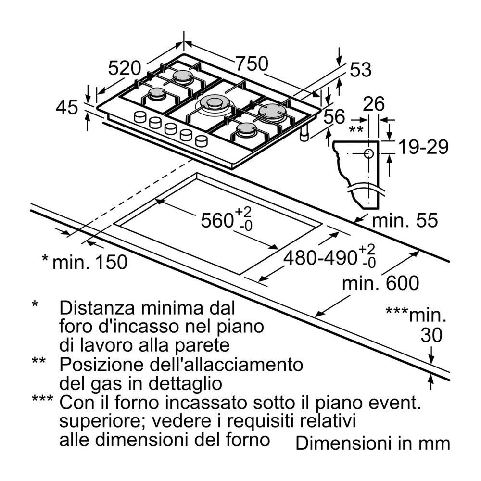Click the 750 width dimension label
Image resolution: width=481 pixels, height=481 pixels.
pos(251,63)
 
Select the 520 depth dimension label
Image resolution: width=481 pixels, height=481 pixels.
pos(124,68)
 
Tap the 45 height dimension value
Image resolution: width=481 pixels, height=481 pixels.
pos(66,108)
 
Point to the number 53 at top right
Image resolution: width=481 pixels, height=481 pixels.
pos(361,70)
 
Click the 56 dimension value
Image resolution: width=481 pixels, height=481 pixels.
pos(334,116)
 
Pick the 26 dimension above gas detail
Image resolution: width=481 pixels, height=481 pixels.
pos(374,104)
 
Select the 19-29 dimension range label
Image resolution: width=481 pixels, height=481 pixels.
pos(424,147)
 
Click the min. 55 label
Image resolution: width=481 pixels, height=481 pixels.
pos(405,220)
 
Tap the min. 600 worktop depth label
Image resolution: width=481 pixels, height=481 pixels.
pos(380,283)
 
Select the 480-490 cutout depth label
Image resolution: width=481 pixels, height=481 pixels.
pos(320,258)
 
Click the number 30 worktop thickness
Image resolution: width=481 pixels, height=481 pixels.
pos(431,335)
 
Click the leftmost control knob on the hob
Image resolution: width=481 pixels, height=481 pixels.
pos(140,116)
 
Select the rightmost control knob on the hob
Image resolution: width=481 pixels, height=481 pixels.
pos(202,141)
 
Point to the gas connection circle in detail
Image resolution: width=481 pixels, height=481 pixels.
pos(368,154)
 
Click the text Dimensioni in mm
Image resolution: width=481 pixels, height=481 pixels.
pos(372,443)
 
